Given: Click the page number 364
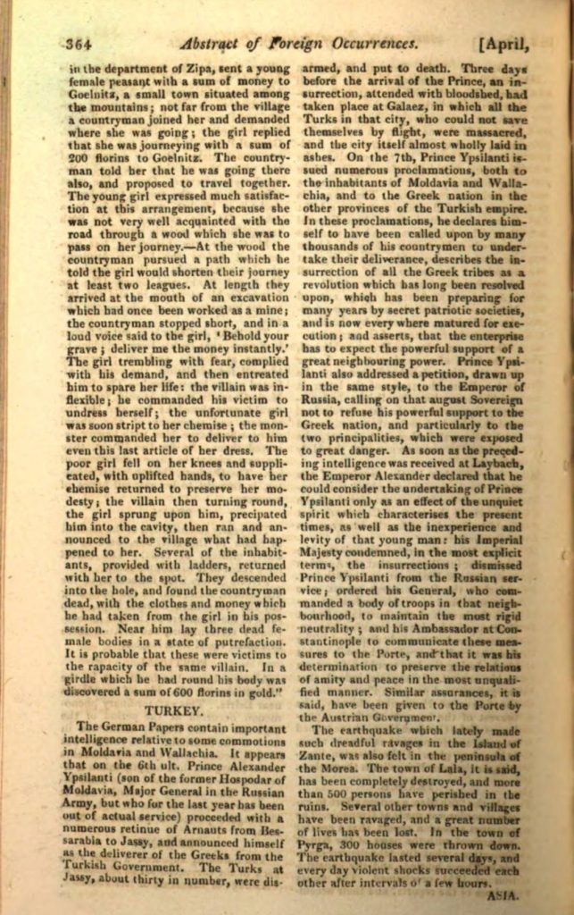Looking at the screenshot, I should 80,41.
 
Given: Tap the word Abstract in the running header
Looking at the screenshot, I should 217,41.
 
